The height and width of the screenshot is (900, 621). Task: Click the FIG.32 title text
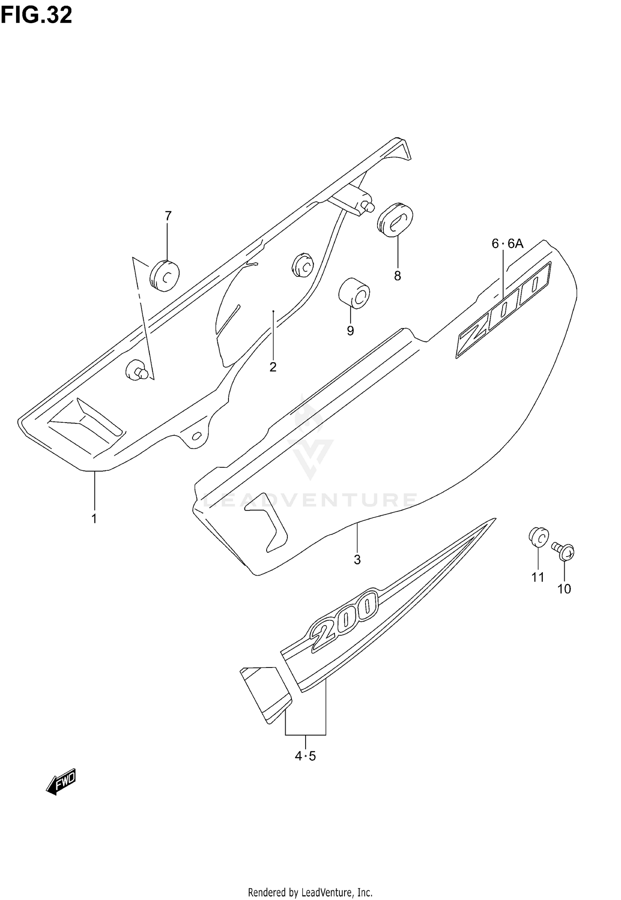pos(36,15)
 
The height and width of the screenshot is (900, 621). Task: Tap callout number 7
pos(168,215)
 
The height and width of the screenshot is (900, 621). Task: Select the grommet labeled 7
pos(165,275)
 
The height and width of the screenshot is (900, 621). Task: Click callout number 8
pos(397,276)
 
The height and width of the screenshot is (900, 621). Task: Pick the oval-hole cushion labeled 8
pos(395,219)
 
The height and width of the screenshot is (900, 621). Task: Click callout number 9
pos(350,331)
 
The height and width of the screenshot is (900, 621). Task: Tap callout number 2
pos(273,367)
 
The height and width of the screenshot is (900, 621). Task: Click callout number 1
pos(94,518)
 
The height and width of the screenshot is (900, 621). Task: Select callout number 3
pos(357,560)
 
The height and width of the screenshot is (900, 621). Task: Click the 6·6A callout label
pos(507,244)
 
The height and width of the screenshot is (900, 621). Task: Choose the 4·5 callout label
pos(306,757)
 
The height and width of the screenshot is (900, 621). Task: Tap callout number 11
pos(538,577)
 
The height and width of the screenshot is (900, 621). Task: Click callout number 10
pos(564,589)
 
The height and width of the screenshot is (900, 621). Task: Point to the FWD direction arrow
pos(61,781)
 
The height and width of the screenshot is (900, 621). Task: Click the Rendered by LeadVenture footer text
pos(310,889)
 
